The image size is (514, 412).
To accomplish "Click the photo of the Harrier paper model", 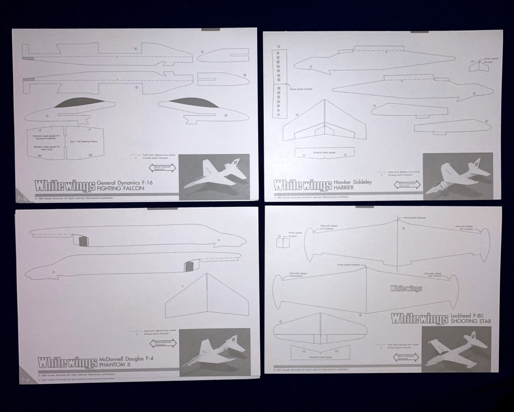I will point(457,176).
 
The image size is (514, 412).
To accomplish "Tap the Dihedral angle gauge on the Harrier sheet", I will point(325,152).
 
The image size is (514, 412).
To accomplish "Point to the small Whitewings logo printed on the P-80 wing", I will point(406,288).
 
